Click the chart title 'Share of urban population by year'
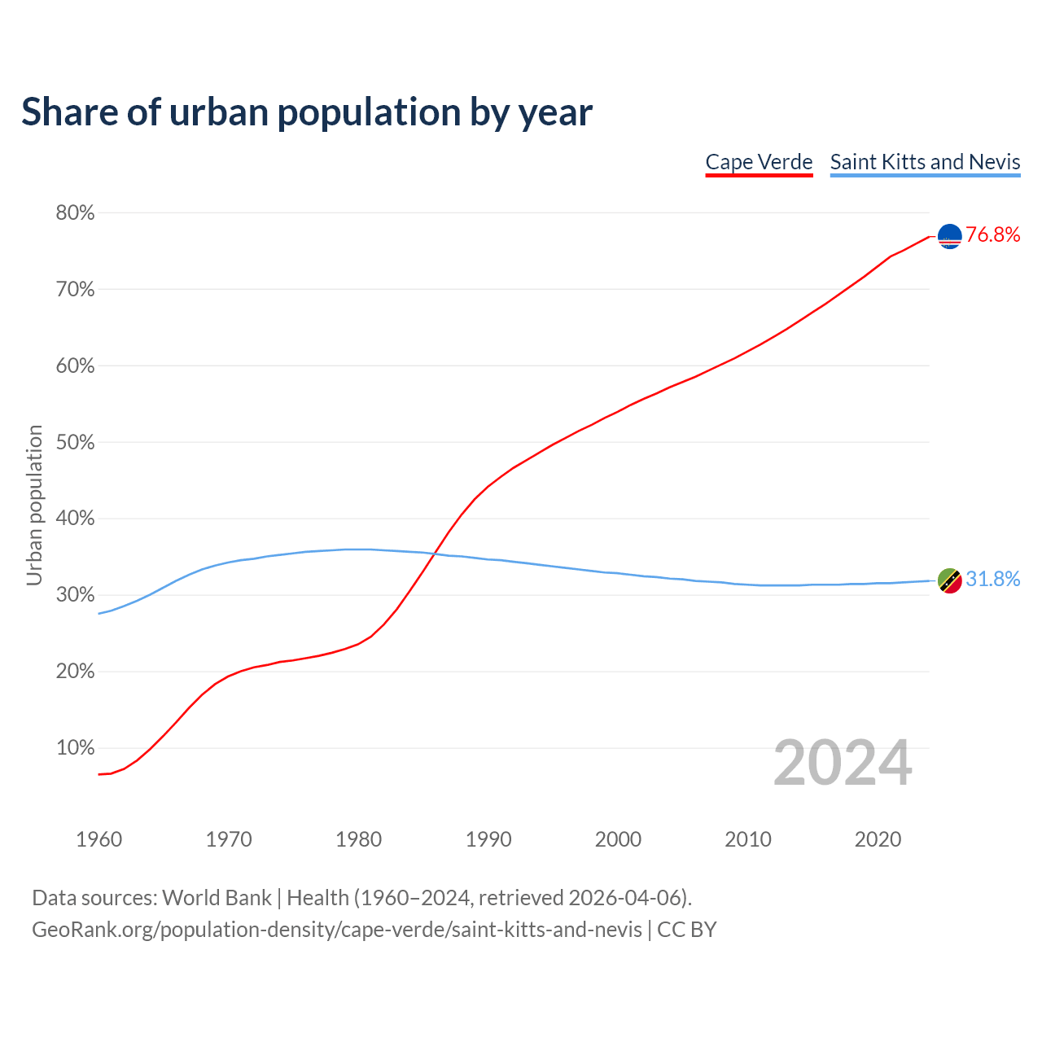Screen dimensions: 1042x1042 click(307, 112)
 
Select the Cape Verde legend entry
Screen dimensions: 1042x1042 click(759, 162)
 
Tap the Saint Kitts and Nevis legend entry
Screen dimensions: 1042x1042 click(925, 162)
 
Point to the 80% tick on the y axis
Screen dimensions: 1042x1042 click(75, 213)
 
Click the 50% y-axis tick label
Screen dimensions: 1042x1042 click(75, 443)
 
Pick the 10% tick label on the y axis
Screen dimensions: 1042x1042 click(75, 748)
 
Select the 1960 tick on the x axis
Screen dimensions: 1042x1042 click(99, 839)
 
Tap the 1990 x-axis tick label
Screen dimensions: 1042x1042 click(488, 839)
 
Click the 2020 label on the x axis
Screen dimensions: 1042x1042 click(878, 839)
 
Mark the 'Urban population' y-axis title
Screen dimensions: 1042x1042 click(34, 505)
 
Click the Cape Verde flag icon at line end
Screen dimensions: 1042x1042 click(950, 236)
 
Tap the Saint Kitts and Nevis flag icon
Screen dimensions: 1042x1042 click(950, 580)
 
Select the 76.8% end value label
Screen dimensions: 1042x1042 click(993, 235)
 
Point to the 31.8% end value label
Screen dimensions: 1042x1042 click(993, 579)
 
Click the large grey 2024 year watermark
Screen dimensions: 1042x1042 click(843, 763)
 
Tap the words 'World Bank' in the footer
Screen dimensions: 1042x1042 click(217, 898)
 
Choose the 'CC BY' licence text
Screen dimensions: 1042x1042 click(687, 930)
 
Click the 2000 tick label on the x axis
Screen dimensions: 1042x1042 click(618, 839)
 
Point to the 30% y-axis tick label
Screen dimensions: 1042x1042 click(75, 595)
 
